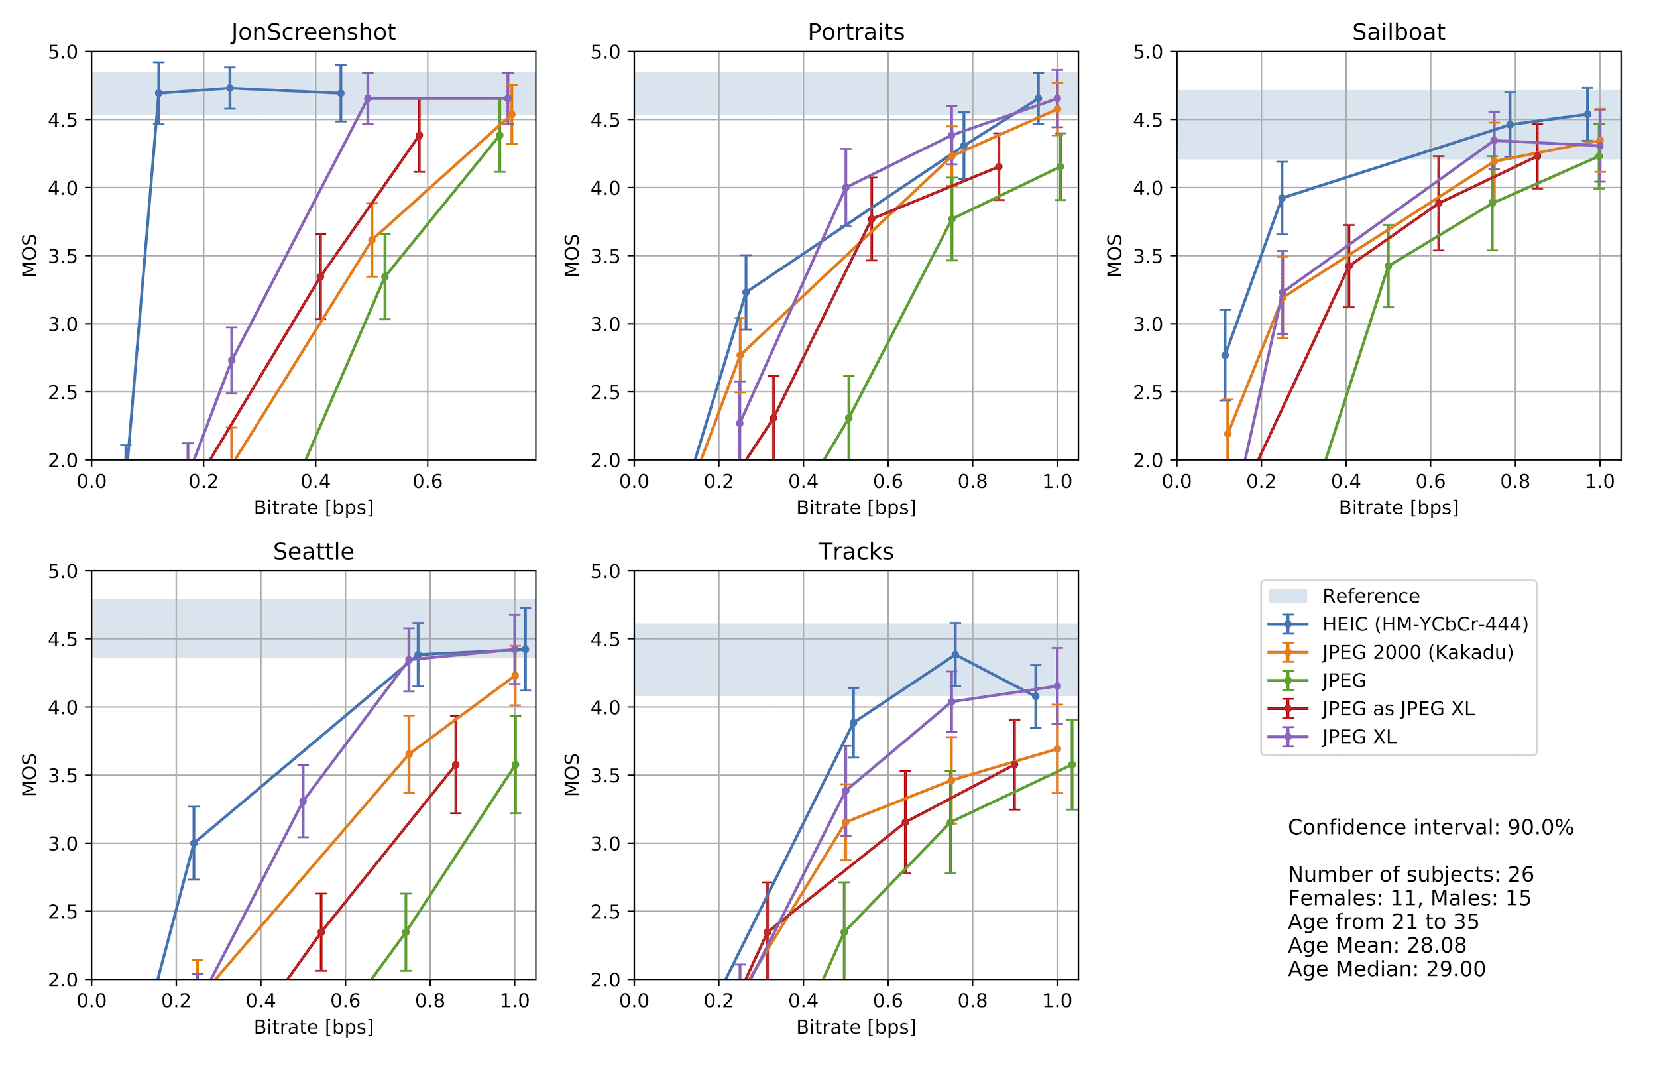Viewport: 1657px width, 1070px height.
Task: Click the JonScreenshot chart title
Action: click(x=314, y=32)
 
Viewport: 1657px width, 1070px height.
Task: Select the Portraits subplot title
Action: click(x=856, y=32)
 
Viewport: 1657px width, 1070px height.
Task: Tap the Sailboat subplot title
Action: click(x=1398, y=32)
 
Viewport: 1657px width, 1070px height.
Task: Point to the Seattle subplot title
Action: click(x=314, y=551)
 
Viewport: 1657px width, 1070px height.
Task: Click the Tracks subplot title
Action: click(x=856, y=551)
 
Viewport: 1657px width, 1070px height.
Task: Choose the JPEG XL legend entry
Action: click(x=1358, y=737)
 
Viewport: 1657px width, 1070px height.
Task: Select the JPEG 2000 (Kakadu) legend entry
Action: click(x=1416, y=652)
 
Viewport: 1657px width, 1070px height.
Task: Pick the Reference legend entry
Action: click(x=1370, y=596)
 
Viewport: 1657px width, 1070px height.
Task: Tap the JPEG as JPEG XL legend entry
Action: click(x=1398, y=709)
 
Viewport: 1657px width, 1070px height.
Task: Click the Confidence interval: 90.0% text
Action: click(x=1430, y=827)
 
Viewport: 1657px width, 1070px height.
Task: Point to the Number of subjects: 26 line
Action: click(x=1410, y=874)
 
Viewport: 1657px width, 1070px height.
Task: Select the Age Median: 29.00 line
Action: click(x=1386, y=969)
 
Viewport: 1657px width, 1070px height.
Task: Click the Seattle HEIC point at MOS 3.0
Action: click(x=194, y=843)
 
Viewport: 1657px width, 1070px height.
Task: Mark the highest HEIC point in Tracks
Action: click(x=955, y=654)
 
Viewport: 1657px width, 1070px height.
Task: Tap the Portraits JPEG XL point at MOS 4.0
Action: click(x=846, y=188)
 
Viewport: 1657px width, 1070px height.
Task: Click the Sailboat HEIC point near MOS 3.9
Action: click(x=1282, y=198)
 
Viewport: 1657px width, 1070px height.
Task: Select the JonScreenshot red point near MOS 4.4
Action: click(x=419, y=135)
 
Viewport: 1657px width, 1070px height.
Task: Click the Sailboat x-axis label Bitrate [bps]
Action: click(x=1398, y=508)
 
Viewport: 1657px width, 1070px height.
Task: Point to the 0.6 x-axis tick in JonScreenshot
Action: click(x=427, y=481)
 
